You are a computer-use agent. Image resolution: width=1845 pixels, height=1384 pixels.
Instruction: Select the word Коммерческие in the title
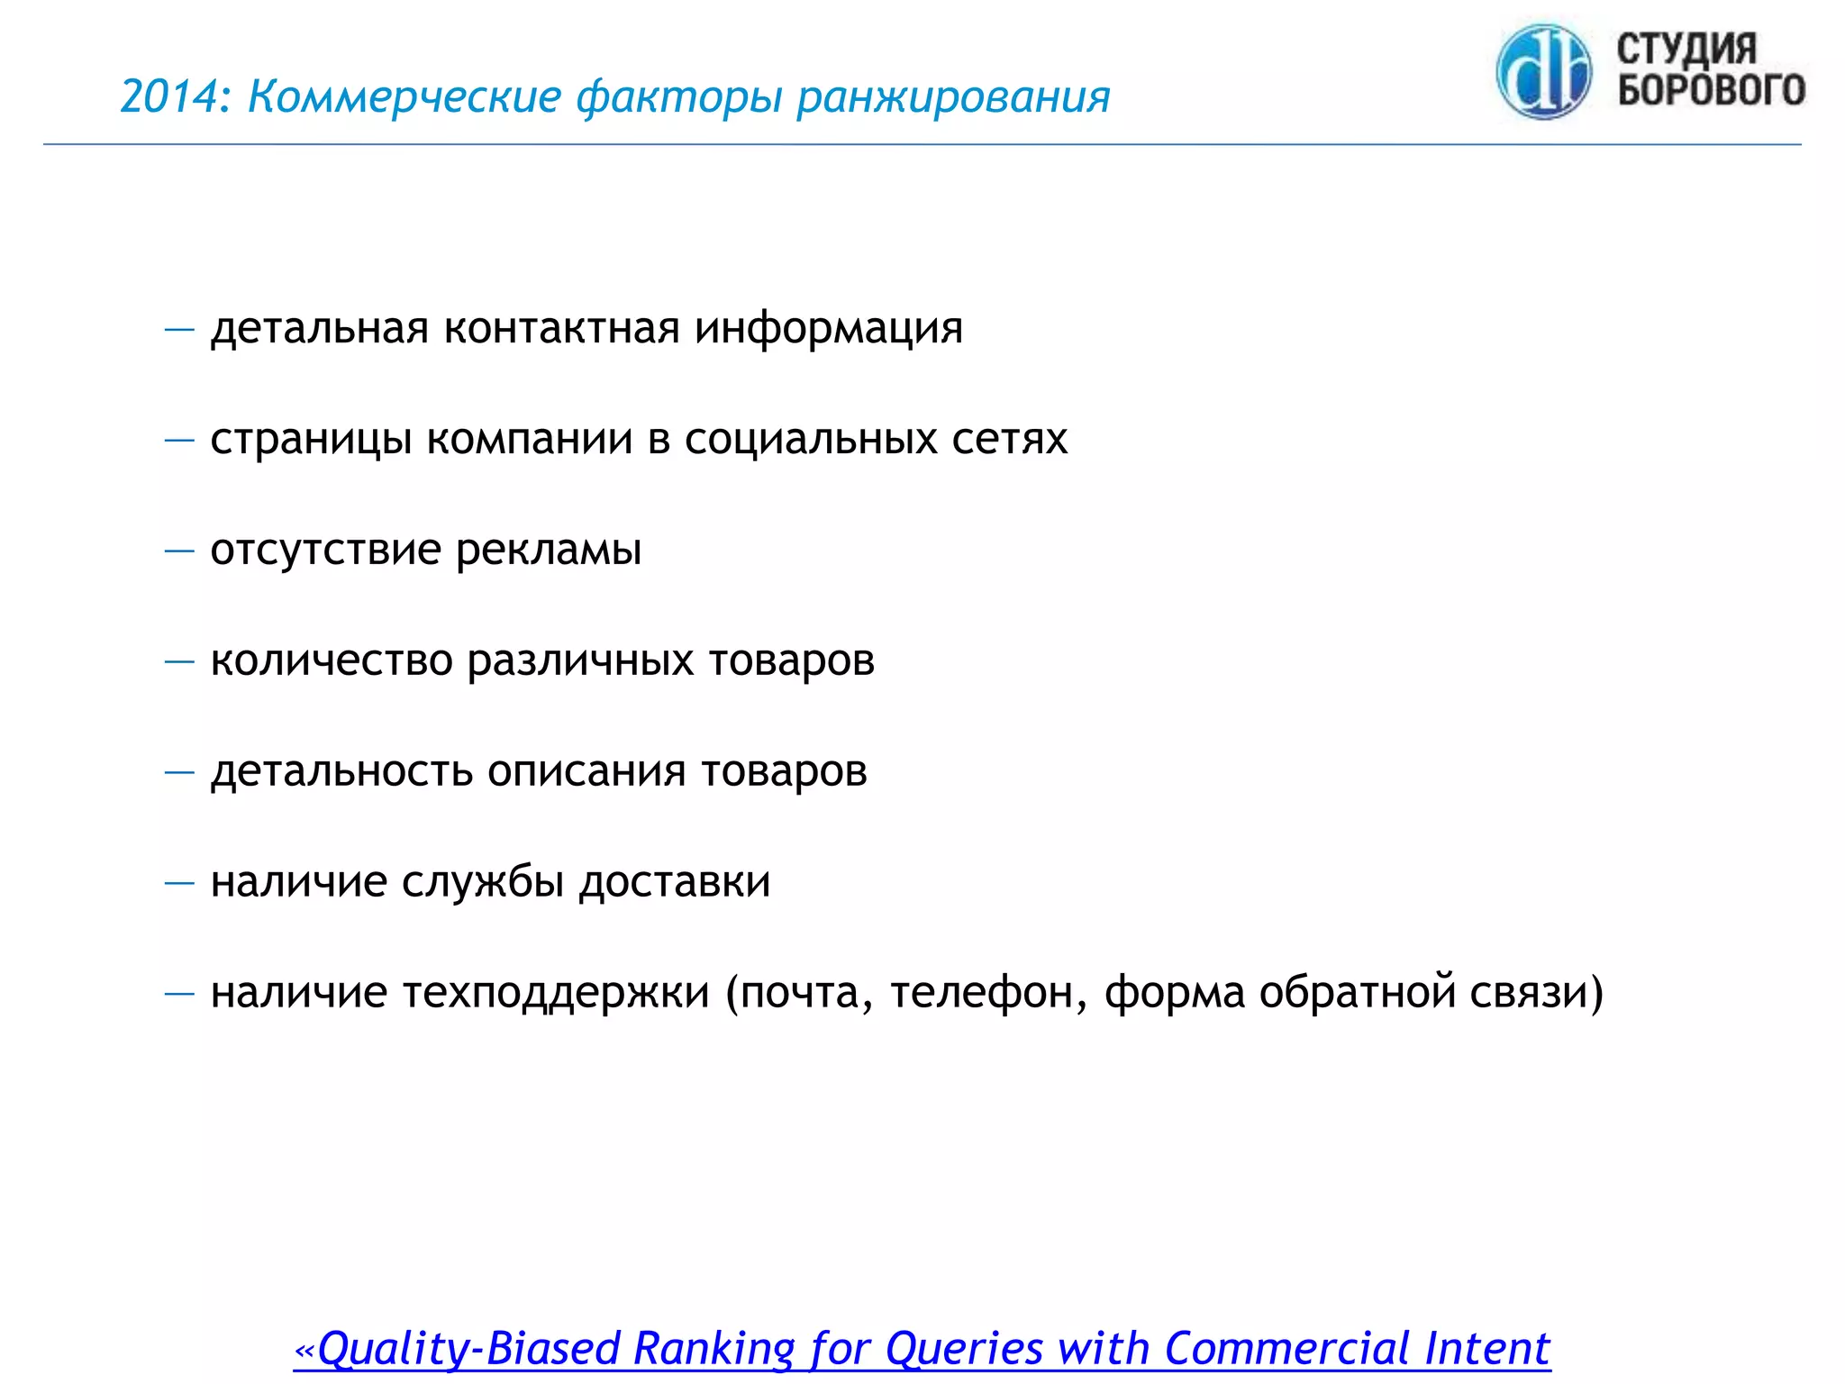click(x=404, y=96)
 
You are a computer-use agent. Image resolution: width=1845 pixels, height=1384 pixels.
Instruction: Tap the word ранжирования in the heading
click(x=953, y=96)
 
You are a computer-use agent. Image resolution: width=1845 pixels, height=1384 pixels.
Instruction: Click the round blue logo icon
click(x=1543, y=72)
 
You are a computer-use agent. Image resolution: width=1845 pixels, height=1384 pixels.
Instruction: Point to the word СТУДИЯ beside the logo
click(x=1686, y=49)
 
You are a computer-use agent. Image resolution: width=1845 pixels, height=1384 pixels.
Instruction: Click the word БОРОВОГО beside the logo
click(x=1711, y=89)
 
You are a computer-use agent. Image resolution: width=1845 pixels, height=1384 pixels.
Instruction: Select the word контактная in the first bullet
click(x=561, y=327)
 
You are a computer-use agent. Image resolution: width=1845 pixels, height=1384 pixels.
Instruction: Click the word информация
click(x=828, y=329)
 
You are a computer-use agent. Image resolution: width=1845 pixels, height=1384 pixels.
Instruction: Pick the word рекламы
click(x=549, y=551)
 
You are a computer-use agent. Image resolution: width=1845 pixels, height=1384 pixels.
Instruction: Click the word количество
click(x=332, y=660)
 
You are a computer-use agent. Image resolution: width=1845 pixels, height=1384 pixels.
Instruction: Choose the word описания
click(x=586, y=771)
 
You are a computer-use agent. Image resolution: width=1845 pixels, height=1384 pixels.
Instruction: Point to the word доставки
click(x=675, y=882)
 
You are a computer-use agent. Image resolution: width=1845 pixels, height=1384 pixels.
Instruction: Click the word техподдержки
click(x=555, y=993)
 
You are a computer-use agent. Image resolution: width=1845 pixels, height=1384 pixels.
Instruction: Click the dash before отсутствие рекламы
click(x=179, y=551)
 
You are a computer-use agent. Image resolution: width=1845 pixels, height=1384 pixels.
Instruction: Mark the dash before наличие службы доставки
click(x=179, y=882)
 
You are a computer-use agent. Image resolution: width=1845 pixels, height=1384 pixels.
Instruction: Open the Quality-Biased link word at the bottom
click(x=469, y=1349)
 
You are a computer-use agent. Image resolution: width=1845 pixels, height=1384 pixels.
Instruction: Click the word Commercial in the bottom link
click(x=1286, y=1349)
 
